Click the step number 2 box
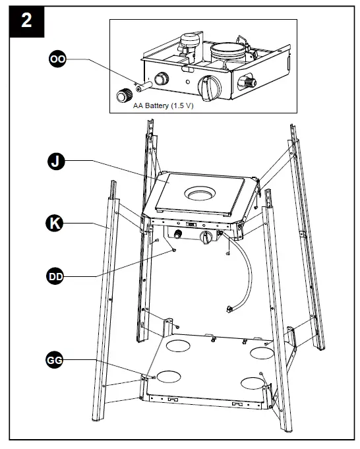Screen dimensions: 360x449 [26, 22]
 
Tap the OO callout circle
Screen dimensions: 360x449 [57, 59]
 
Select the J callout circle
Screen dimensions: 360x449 [56, 162]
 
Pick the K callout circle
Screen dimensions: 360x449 [55, 223]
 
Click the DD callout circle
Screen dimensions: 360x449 [55, 277]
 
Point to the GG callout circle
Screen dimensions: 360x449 [55, 359]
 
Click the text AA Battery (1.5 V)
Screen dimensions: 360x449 [164, 105]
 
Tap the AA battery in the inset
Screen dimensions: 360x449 [144, 86]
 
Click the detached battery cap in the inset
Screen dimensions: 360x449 [125, 95]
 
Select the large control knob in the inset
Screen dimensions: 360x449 [210, 88]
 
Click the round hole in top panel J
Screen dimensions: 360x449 [200, 194]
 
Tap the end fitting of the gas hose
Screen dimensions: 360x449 [229, 309]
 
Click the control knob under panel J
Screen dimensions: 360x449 [206, 237]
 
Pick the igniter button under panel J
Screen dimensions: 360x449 [178, 234]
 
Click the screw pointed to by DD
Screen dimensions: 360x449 [173, 251]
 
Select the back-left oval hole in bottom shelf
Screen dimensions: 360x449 [178, 346]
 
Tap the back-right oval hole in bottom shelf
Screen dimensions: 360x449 [262, 353]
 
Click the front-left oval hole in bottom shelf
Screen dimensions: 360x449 [169, 376]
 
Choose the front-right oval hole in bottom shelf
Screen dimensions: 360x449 [253, 383]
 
